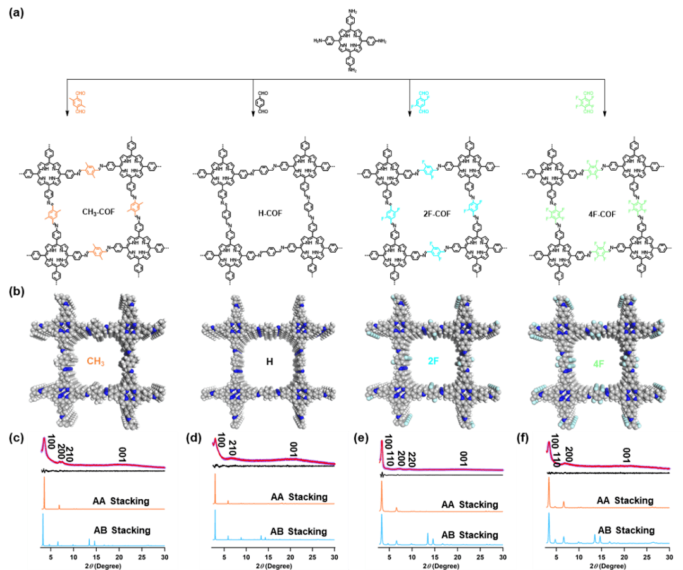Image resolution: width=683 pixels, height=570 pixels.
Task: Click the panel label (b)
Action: click(17, 291)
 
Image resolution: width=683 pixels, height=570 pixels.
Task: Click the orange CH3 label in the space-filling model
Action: click(95, 361)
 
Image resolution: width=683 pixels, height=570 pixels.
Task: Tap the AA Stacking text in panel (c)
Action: click(120, 501)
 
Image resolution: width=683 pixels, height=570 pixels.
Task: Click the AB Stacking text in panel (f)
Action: click(625, 530)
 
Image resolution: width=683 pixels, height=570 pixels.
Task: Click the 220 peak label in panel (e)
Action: click(411, 456)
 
